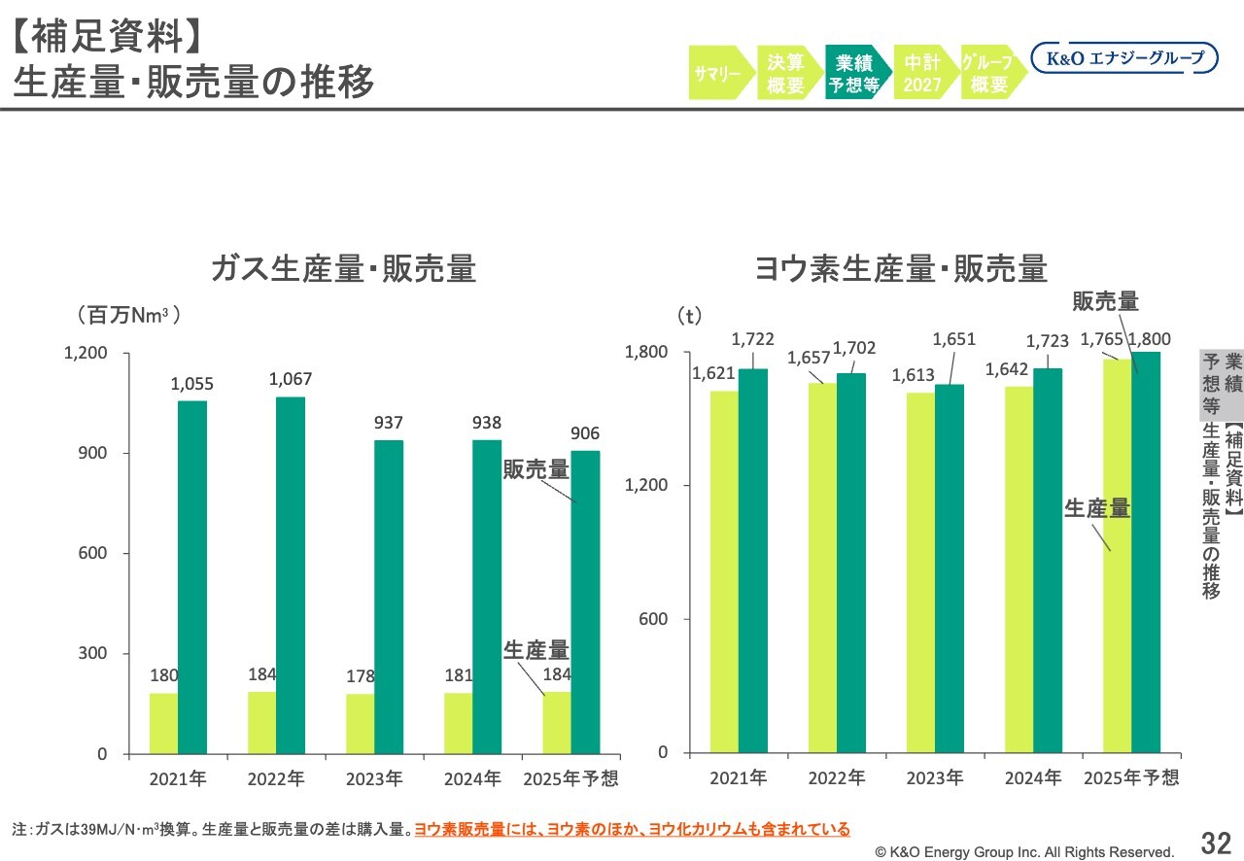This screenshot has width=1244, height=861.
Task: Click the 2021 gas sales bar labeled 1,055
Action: [x=191, y=577]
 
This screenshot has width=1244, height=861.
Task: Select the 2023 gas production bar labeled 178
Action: [x=361, y=723]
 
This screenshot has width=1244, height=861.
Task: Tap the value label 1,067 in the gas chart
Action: [x=291, y=379]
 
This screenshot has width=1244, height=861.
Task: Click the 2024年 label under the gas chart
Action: [x=472, y=778]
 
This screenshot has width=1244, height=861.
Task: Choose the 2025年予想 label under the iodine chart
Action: [x=1131, y=776]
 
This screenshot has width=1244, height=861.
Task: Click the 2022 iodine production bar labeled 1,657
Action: [x=822, y=568]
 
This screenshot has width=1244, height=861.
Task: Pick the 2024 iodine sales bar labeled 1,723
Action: [x=1048, y=560]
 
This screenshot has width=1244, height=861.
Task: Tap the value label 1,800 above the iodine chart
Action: [x=1150, y=339]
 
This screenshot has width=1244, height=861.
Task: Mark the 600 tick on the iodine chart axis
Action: [x=653, y=619]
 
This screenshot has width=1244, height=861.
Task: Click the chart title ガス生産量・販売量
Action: [x=344, y=268]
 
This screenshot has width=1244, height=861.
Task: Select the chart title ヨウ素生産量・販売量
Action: [x=901, y=268]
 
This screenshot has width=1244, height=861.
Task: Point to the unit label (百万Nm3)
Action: [x=128, y=316]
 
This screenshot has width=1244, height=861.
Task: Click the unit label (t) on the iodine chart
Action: [x=688, y=316]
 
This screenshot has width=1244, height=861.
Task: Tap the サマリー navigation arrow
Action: [x=719, y=73]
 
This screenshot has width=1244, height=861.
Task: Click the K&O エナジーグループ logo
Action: [x=1123, y=58]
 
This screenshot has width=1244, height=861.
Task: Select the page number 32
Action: [x=1216, y=842]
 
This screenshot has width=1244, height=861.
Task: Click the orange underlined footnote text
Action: [x=632, y=829]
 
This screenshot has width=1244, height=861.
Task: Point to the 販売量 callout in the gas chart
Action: [x=536, y=469]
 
